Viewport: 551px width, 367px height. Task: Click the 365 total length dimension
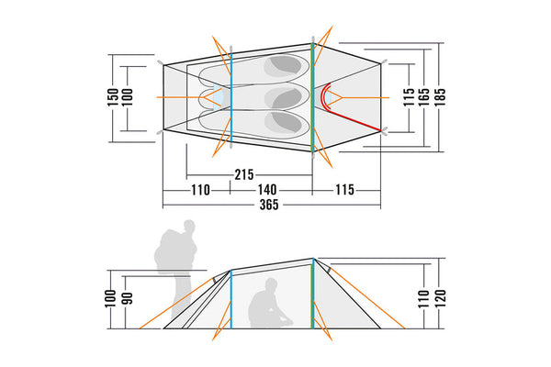coord(269,205)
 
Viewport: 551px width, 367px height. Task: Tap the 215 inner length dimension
coord(244,174)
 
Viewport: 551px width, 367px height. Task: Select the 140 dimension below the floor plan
coord(267,190)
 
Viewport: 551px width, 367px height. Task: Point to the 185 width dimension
coord(440,97)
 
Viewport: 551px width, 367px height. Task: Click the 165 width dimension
coord(423,97)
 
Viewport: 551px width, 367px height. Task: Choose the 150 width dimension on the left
coord(113,97)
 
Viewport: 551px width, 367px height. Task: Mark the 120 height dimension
coord(440,298)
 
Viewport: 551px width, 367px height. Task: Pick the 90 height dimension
coord(128,298)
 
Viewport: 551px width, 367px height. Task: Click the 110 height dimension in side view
coord(423,298)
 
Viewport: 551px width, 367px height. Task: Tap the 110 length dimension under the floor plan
coord(200,190)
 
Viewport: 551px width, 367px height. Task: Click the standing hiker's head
coord(189,226)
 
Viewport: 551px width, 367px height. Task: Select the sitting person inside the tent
coord(269,303)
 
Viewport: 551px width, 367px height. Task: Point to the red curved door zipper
coord(347,108)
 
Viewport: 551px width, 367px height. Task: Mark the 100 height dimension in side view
coord(110,298)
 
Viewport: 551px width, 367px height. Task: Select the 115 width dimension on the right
coord(409,97)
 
